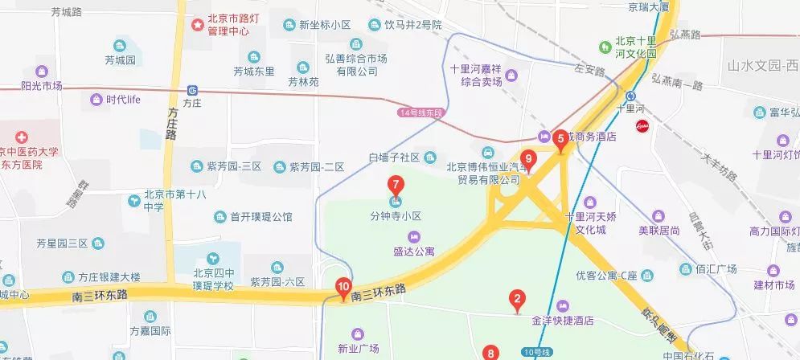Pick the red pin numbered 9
click(x=529, y=159)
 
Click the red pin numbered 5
click(x=561, y=139)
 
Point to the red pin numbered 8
click(x=491, y=352)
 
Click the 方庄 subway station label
click(x=191, y=103)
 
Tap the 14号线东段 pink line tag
click(x=421, y=113)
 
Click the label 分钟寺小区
click(x=396, y=217)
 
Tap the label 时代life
click(x=123, y=100)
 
